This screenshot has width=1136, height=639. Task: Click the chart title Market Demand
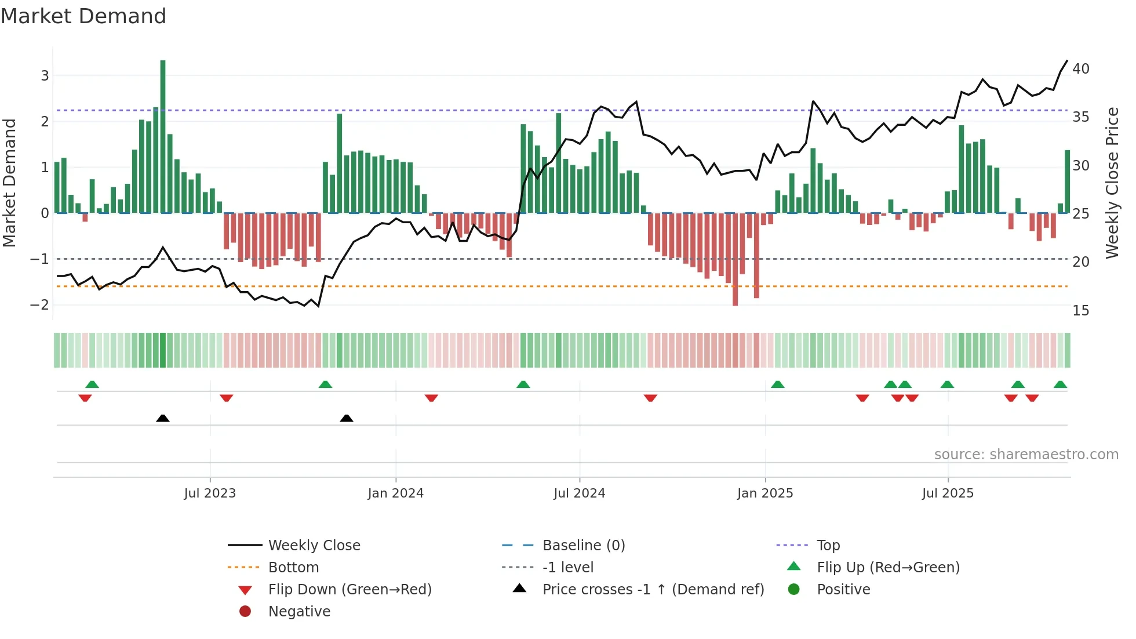point(83,16)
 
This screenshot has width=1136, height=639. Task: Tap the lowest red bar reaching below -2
point(735,261)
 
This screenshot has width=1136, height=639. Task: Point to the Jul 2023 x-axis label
point(210,493)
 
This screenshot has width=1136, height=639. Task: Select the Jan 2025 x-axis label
point(765,493)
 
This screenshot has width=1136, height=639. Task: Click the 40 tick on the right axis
point(1081,69)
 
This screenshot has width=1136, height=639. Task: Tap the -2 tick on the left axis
point(40,305)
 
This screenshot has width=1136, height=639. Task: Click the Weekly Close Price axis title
point(1112,183)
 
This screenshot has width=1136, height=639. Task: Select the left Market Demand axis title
point(10,183)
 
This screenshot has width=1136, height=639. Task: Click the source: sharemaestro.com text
point(1026,455)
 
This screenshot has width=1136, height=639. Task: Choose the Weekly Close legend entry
point(314,546)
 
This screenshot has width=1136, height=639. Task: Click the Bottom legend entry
point(293,568)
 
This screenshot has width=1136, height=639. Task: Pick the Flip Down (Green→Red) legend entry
point(349,590)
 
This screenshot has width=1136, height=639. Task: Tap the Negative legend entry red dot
point(245,612)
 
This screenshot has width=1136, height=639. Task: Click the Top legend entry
point(828,546)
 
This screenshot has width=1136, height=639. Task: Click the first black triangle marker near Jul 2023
point(163,418)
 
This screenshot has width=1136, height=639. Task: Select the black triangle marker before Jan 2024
point(347,418)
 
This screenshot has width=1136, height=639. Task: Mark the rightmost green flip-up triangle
point(1060,384)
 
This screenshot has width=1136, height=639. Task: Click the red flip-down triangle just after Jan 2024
point(431,398)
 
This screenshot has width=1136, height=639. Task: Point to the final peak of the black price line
point(1066,61)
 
